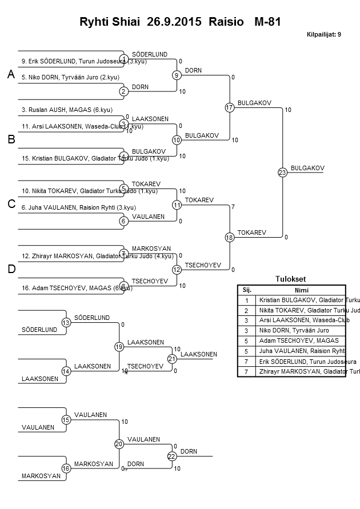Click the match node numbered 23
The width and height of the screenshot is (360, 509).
click(282, 172)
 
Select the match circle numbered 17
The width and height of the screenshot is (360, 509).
click(230, 107)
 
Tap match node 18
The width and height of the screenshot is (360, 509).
click(230, 237)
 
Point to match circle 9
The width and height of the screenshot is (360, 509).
click(177, 75)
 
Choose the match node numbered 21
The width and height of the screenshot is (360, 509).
click(172, 359)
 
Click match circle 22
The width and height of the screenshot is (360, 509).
click(172, 456)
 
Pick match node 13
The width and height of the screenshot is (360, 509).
click(66, 323)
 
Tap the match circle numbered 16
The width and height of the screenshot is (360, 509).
click(66, 468)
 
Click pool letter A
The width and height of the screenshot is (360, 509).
click(10, 75)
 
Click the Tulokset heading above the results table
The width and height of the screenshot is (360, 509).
click(290, 279)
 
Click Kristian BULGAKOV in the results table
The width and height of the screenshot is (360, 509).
click(301, 300)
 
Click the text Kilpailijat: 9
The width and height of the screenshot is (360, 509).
click(323, 34)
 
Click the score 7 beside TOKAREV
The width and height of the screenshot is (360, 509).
click(233, 206)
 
